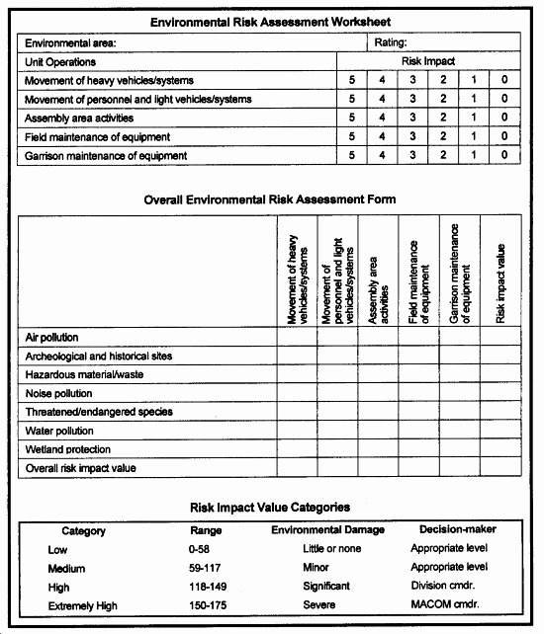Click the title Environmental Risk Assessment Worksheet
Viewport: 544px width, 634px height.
pyautogui.click(x=269, y=22)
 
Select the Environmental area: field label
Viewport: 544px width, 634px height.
pyautogui.click(x=70, y=43)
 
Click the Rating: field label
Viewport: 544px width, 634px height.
pyautogui.click(x=391, y=43)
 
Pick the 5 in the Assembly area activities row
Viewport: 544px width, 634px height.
pyautogui.click(x=351, y=118)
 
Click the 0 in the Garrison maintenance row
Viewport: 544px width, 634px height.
pyautogui.click(x=504, y=155)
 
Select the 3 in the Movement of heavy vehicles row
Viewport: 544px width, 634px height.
pyautogui.click(x=413, y=80)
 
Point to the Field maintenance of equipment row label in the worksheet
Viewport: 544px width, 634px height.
pyautogui.click(x=97, y=136)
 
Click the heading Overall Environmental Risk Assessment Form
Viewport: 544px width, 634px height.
pyautogui.click(x=270, y=199)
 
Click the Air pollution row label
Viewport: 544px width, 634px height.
pyautogui.click(x=51, y=338)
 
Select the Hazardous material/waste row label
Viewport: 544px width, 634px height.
pyautogui.click(x=76, y=375)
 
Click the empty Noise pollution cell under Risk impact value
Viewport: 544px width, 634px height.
pyautogui.click(x=500, y=393)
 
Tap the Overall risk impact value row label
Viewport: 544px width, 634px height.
pyautogui.click(x=80, y=468)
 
